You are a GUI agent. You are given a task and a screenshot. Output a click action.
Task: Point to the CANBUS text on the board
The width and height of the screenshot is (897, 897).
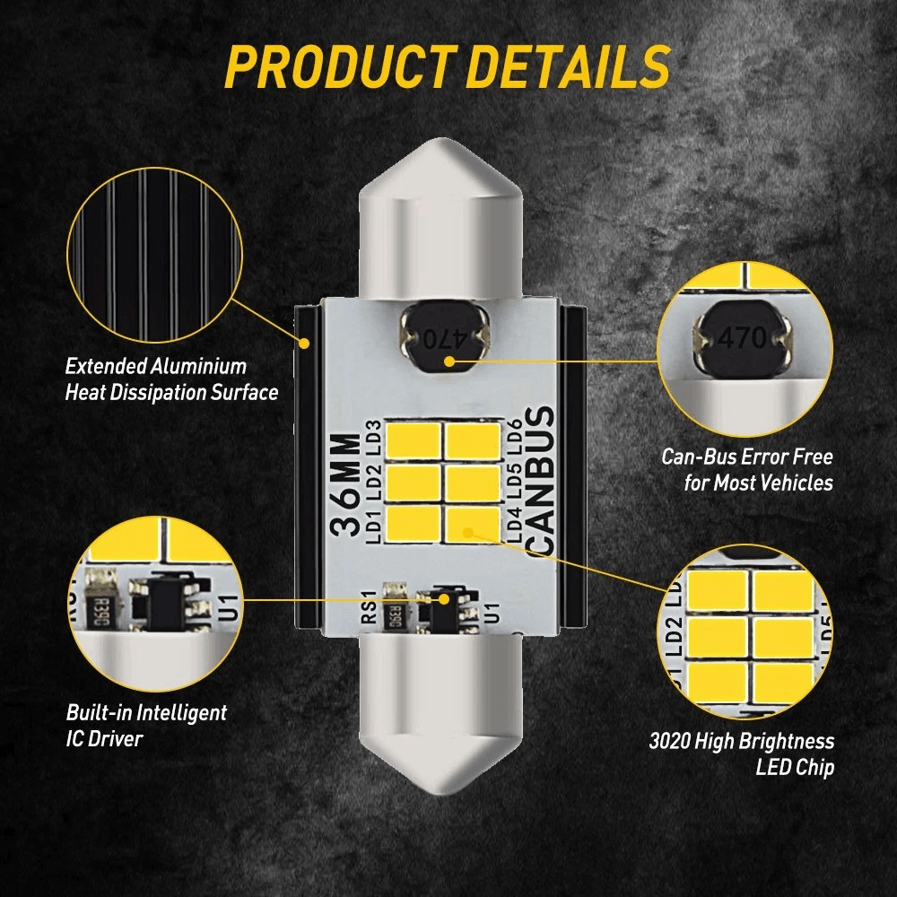tap(540, 481)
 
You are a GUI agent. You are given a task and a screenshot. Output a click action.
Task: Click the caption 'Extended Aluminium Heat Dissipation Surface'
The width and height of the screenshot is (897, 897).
tap(170, 379)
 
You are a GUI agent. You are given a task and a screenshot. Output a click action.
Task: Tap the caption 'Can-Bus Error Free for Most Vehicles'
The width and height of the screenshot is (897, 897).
tap(747, 469)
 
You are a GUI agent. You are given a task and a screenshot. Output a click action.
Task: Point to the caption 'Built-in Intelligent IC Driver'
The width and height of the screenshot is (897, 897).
tap(146, 726)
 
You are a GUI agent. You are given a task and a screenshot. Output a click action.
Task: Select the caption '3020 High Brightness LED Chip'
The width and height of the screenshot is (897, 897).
tap(741, 754)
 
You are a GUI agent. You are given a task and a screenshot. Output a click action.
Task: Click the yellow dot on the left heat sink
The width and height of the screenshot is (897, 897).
tap(306, 343)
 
